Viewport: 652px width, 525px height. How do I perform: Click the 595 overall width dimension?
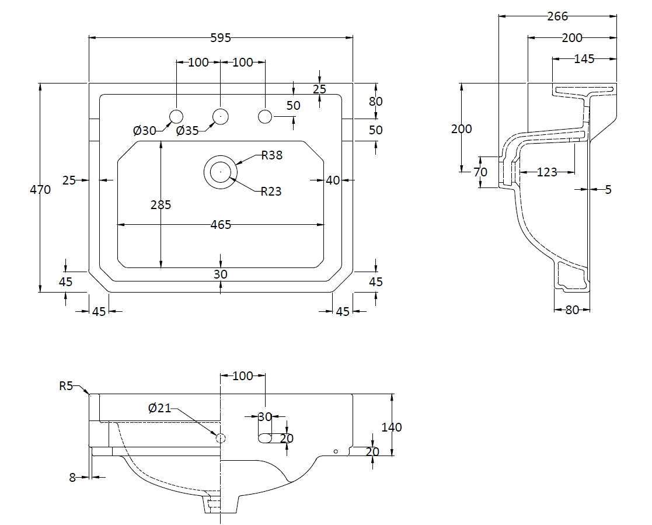[221, 38]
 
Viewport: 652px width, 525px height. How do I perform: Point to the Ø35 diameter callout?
[187, 131]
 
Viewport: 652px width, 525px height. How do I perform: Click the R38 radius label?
[272, 155]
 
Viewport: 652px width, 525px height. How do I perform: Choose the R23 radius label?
[271, 191]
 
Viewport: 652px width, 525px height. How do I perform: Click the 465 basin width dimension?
[221, 224]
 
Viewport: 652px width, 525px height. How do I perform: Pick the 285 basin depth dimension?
[161, 204]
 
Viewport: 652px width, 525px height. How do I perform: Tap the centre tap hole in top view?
[221, 116]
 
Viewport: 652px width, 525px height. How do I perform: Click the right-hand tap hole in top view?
[265, 116]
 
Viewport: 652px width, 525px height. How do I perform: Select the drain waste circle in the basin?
[221, 172]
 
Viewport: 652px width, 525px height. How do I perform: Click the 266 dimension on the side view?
[557, 17]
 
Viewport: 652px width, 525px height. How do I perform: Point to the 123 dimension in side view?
[546, 172]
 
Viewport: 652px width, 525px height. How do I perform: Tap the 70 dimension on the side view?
[480, 172]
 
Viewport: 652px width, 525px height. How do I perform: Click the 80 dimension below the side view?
[572, 310]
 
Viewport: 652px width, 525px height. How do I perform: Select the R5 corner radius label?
[66, 385]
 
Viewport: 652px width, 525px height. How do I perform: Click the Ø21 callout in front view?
[159, 408]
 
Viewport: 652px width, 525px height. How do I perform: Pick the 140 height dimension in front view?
[392, 427]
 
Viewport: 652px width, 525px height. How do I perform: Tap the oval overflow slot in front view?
[267, 438]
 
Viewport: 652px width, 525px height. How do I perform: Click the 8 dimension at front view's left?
[72, 477]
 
